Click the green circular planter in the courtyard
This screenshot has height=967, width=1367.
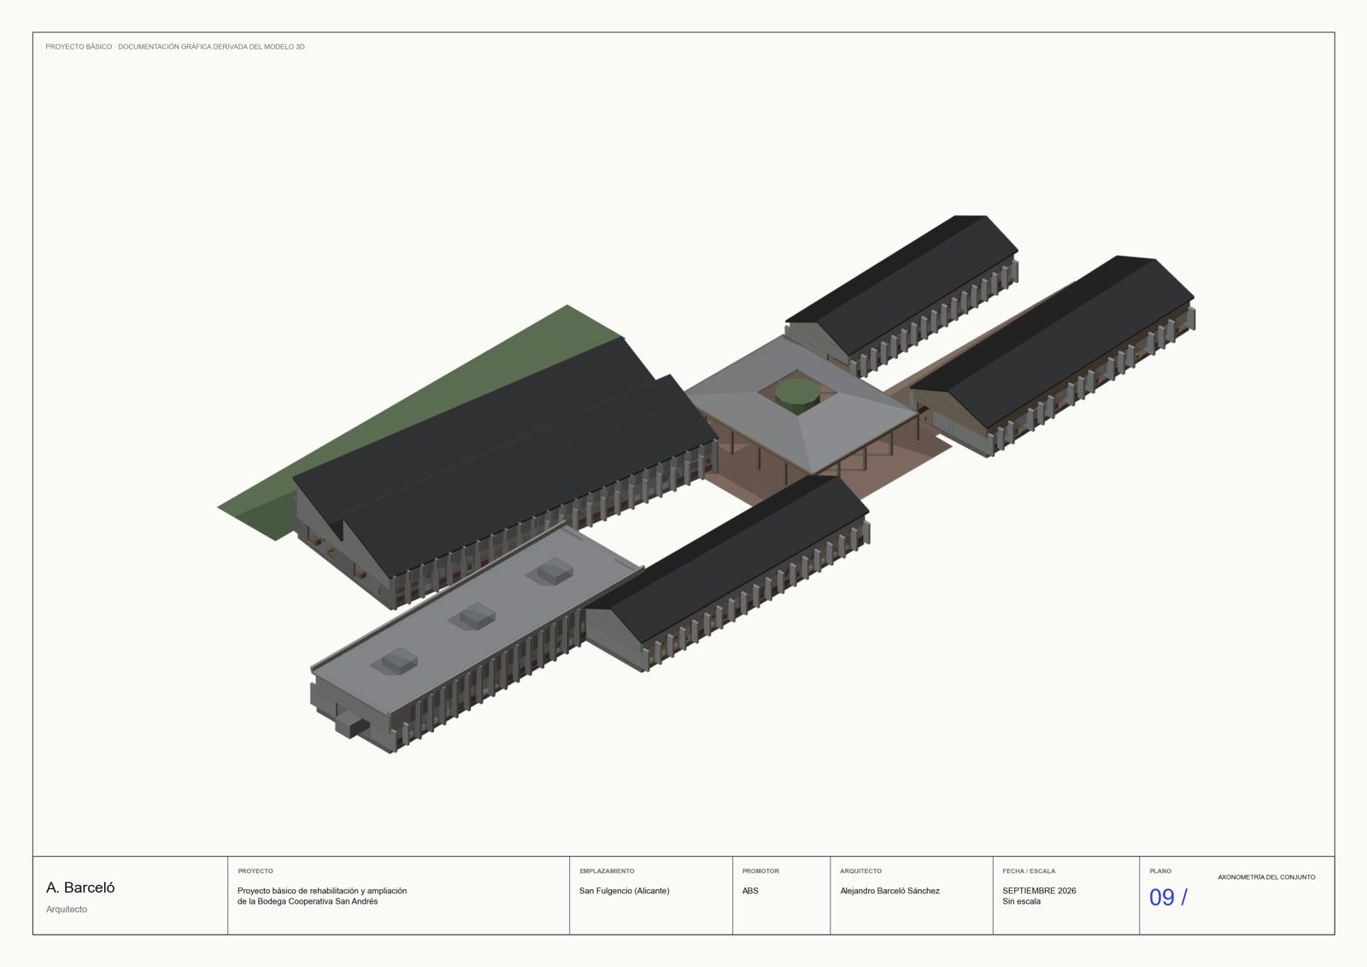798,394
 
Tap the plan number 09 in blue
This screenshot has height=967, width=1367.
1161,898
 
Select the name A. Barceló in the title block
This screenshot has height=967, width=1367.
80,887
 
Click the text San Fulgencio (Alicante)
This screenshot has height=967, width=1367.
625,891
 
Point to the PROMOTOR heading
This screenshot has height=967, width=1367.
760,871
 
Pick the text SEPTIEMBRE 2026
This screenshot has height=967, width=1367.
1039,891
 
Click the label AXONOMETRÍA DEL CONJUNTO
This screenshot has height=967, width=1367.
1266,877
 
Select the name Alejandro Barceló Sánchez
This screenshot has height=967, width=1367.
889,891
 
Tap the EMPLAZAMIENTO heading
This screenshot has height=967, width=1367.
607,871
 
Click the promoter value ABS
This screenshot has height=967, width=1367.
750,891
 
